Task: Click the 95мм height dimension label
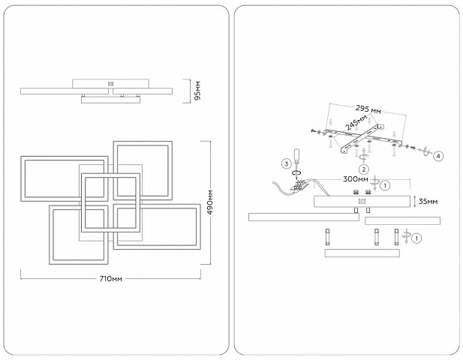[197, 91]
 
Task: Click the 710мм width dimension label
[111, 278]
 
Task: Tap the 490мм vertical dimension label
[211, 202]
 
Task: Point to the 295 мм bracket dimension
[368, 109]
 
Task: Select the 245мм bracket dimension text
[356, 122]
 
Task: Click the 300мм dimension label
[356, 179]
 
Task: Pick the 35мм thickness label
[428, 202]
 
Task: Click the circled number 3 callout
[287, 163]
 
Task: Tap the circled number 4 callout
[438, 157]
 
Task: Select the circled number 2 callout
[363, 169]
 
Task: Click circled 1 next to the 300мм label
[385, 185]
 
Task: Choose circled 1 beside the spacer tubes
[416, 238]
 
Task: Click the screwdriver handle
[296, 155]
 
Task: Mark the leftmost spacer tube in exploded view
[328, 237]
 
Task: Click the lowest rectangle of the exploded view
[362, 253]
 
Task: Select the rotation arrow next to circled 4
[425, 151]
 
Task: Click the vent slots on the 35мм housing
[362, 202]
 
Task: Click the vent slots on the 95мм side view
[110, 83]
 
